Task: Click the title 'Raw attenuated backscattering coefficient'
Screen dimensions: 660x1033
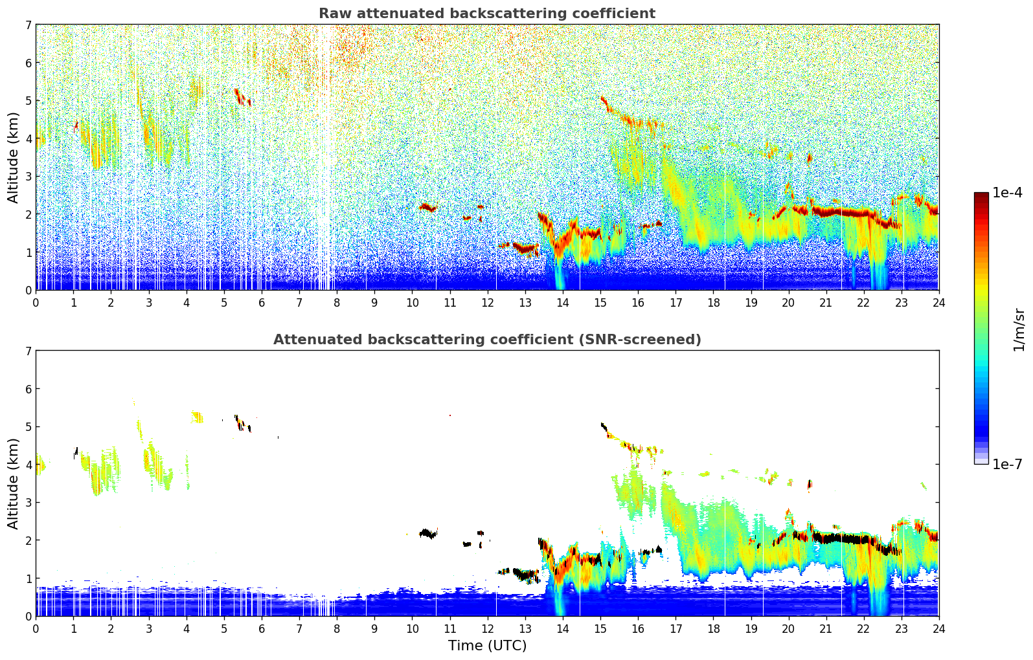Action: (486, 14)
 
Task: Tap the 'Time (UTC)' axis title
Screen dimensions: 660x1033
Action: (487, 646)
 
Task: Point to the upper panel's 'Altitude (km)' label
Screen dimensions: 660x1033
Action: (14, 157)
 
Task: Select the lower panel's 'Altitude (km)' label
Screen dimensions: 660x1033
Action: (14, 483)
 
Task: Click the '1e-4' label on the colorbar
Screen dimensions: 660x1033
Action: (1007, 193)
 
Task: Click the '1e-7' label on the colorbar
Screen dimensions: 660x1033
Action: (1007, 464)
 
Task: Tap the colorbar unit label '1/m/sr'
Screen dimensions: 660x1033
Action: (1019, 329)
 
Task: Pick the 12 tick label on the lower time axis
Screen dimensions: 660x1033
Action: (487, 628)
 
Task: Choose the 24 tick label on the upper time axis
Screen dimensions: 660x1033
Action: (938, 302)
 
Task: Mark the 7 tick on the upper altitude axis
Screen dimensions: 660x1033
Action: (28, 25)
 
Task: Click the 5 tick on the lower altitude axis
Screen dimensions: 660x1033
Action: (28, 427)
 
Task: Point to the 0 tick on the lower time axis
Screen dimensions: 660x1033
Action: (36, 628)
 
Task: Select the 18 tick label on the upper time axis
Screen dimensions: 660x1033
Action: (713, 302)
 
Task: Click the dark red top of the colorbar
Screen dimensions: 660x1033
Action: (981, 195)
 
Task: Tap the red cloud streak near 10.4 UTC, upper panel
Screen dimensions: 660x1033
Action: (427, 207)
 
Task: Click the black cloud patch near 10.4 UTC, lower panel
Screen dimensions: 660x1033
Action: (427, 533)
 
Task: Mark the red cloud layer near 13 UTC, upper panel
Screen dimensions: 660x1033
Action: (523, 247)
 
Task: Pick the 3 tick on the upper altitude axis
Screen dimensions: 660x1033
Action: (28, 177)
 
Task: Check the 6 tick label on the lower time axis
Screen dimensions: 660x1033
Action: (262, 628)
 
